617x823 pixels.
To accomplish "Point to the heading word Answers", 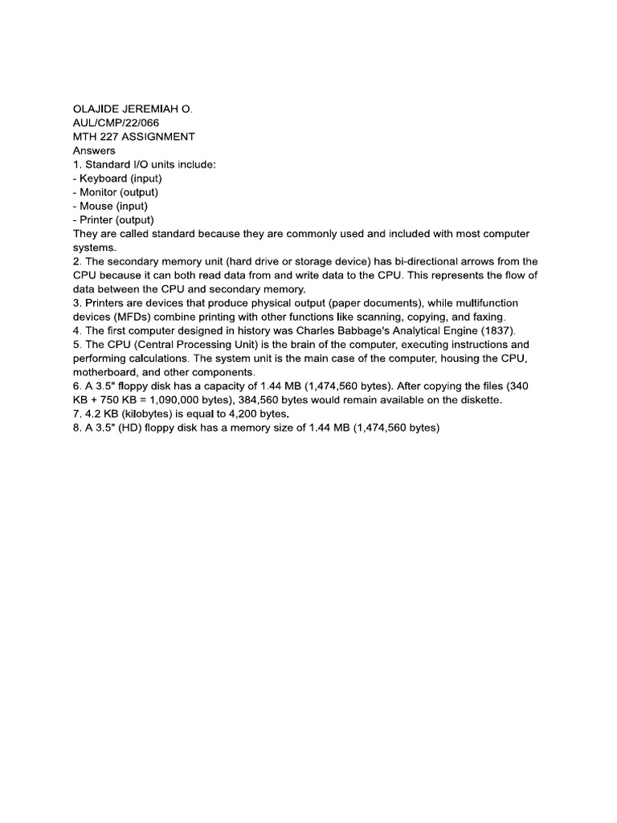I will [x=94, y=150].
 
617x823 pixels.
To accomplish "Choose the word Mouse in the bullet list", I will [x=96, y=206].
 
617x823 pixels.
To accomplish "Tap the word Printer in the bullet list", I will [x=97, y=219].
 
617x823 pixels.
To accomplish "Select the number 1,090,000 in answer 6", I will [x=197, y=400].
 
